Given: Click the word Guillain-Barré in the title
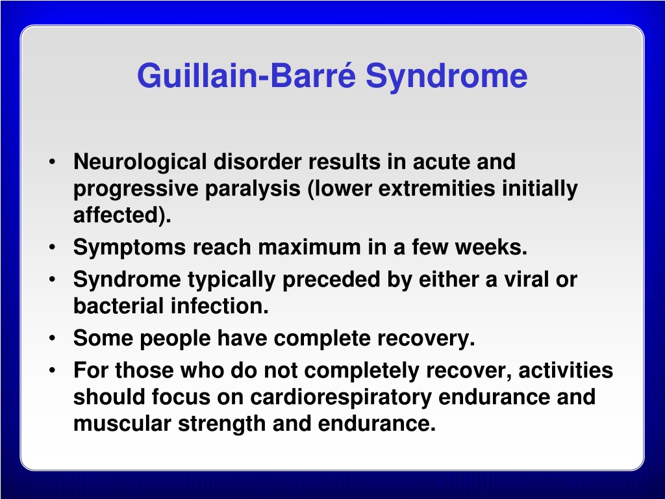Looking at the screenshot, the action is tap(246, 75).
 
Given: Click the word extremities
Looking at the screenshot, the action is tap(436, 188).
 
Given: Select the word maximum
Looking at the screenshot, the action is tap(310, 247).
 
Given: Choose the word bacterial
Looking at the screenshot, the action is tap(118, 305).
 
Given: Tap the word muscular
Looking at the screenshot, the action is tap(122, 423).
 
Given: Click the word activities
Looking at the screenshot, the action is tap(566, 370).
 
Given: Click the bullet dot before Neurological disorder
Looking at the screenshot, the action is tap(52, 162).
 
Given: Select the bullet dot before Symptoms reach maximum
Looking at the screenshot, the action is tap(52, 247).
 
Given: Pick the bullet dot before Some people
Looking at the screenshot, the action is tap(52, 338).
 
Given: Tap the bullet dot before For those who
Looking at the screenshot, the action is tap(52, 370).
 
